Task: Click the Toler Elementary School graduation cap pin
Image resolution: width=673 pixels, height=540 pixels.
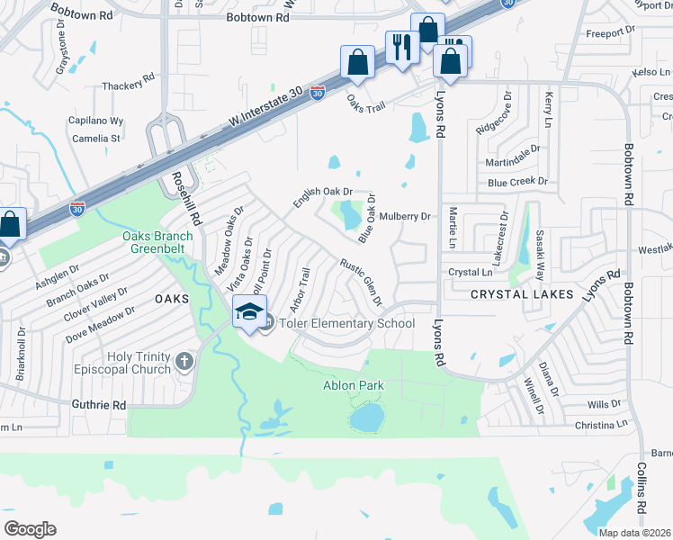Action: [250, 312]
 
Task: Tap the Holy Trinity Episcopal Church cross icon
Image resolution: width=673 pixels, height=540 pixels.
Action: [184, 362]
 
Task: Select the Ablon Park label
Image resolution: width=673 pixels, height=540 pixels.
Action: [354, 385]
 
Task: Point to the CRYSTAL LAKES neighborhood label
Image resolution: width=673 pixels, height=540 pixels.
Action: [510, 294]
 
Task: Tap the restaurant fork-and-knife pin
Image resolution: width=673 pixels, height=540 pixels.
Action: [401, 45]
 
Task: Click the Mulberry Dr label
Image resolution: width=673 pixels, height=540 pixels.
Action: [406, 216]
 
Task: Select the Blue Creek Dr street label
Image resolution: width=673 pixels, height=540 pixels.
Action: [517, 181]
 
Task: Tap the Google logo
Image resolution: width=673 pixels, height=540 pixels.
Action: [29, 529]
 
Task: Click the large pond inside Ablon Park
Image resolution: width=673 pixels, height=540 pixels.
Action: [366, 417]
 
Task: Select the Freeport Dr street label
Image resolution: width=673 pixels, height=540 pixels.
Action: [610, 32]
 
